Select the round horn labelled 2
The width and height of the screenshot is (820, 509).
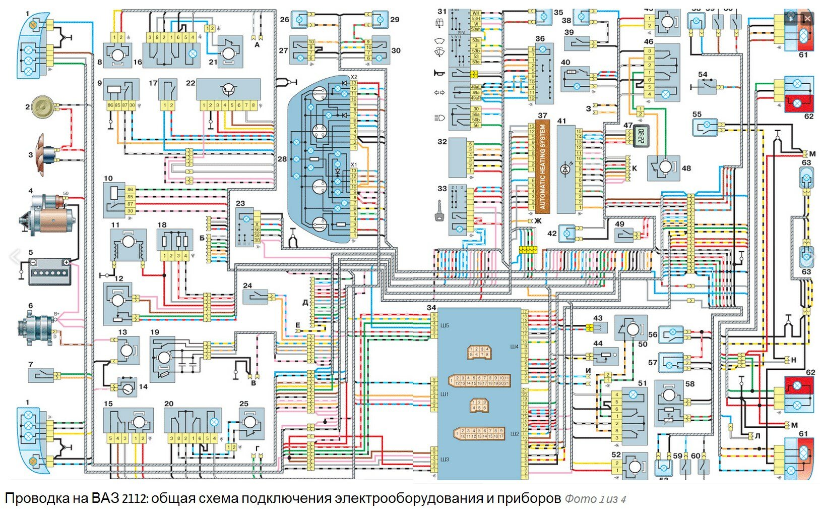click(42, 107)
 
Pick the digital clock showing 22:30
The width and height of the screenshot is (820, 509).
click(641, 136)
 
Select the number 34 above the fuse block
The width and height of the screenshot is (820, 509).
click(431, 307)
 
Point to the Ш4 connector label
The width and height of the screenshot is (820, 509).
click(514, 347)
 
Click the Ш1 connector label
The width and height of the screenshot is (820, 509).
click(445, 394)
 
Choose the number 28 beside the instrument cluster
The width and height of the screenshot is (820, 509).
click(282, 159)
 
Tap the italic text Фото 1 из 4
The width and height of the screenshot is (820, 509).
click(595, 499)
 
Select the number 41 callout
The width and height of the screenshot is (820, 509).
click(562, 121)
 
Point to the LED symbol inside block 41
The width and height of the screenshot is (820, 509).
click(565, 170)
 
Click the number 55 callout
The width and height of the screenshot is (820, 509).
click(697, 115)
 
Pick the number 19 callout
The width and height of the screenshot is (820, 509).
click(155, 332)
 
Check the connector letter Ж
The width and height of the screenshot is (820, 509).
click(538, 221)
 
